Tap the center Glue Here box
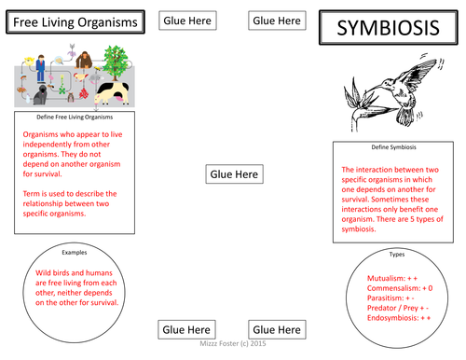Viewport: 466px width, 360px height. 234,173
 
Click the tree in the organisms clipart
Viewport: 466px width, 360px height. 115,64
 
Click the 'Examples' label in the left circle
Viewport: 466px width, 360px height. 74,253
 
